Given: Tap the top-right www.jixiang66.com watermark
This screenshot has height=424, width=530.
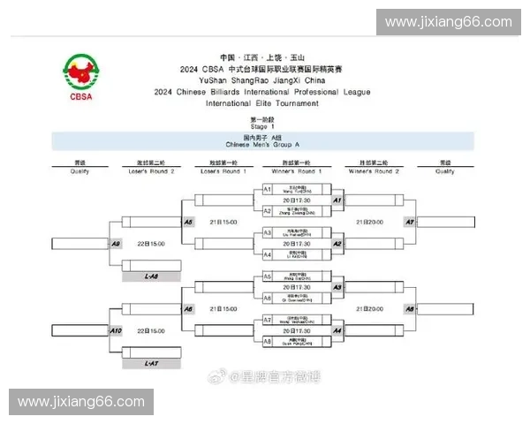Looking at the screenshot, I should pyautogui.click(x=449, y=22).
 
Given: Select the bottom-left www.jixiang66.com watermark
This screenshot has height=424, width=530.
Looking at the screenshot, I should pyautogui.click(x=80, y=402).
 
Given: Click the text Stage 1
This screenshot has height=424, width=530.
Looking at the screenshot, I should pyautogui.click(x=258, y=126).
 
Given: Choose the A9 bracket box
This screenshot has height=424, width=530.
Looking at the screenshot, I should pyautogui.click(x=116, y=243).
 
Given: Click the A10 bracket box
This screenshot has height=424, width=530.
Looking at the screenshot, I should pyautogui.click(x=116, y=330).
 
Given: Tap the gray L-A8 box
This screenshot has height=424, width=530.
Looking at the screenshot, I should pyautogui.click(x=151, y=276).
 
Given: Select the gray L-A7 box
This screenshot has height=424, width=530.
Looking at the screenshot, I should pyautogui.click(x=151, y=363).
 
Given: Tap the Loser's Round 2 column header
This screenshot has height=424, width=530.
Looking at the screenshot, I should pyautogui.click(x=151, y=166).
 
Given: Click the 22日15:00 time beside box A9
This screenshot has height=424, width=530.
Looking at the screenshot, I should pyautogui.click(x=151, y=243).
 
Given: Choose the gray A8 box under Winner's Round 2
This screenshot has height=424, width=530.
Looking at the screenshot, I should pyautogui.click(x=409, y=309).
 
